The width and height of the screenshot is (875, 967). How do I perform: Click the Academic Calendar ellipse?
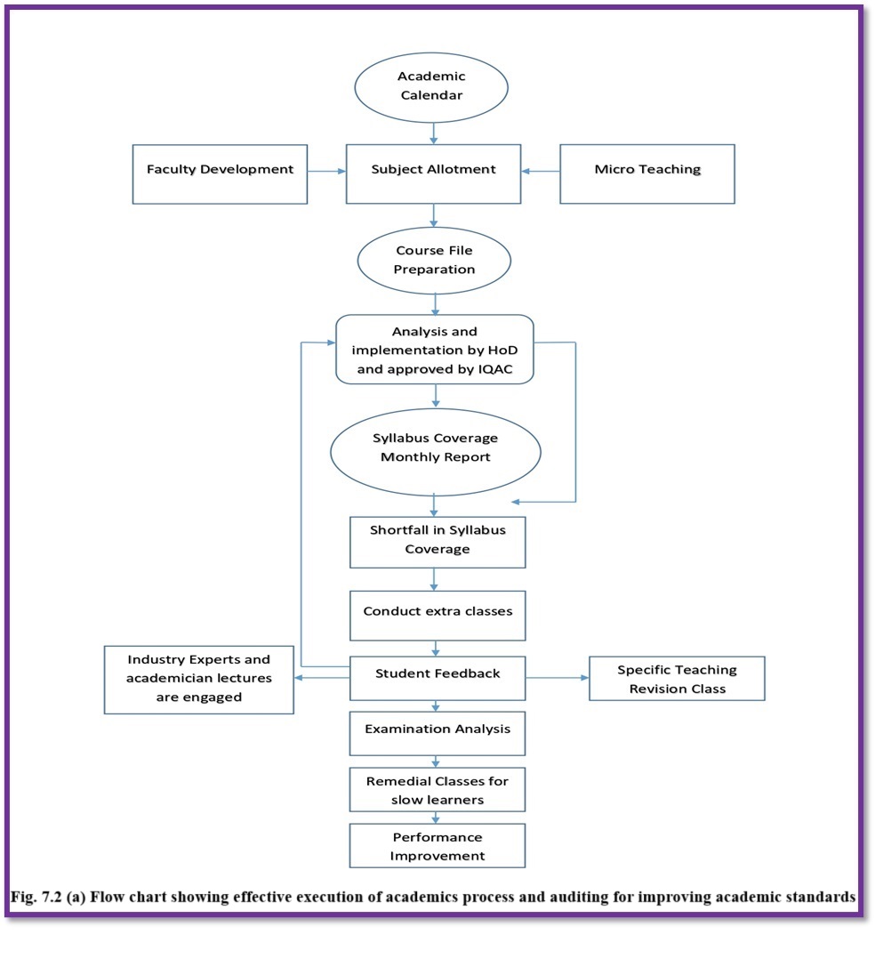(x=431, y=87)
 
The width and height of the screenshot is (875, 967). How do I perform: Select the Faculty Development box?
(x=221, y=173)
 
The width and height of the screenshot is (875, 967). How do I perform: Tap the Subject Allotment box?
(x=433, y=173)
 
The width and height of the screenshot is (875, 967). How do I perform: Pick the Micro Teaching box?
(x=647, y=173)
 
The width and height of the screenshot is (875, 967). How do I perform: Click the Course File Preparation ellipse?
(x=434, y=261)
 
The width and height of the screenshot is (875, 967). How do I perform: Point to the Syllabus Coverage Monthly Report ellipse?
(x=436, y=452)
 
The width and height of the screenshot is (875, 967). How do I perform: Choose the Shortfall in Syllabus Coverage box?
(x=437, y=542)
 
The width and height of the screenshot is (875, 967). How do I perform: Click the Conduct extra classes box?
(x=437, y=616)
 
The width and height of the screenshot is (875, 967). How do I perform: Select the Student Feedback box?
(x=437, y=679)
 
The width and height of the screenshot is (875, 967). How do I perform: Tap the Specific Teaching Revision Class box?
(x=677, y=679)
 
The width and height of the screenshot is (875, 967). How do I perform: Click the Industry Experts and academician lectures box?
(x=199, y=680)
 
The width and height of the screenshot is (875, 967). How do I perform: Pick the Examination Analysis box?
(x=437, y=733)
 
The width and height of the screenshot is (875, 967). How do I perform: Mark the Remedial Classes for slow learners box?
(x=437, y=789)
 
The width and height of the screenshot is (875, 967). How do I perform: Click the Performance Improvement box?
(x=437, y=845)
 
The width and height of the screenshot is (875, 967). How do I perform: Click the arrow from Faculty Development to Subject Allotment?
(x=327, y=172)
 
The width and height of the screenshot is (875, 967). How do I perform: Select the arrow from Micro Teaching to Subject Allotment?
(x=541, y=172)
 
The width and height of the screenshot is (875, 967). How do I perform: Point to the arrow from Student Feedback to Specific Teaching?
(x=558, y=678)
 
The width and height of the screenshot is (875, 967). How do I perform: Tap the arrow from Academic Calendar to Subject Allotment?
(x=433, y=133)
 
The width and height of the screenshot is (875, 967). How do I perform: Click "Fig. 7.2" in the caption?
(x=36, y=896)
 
